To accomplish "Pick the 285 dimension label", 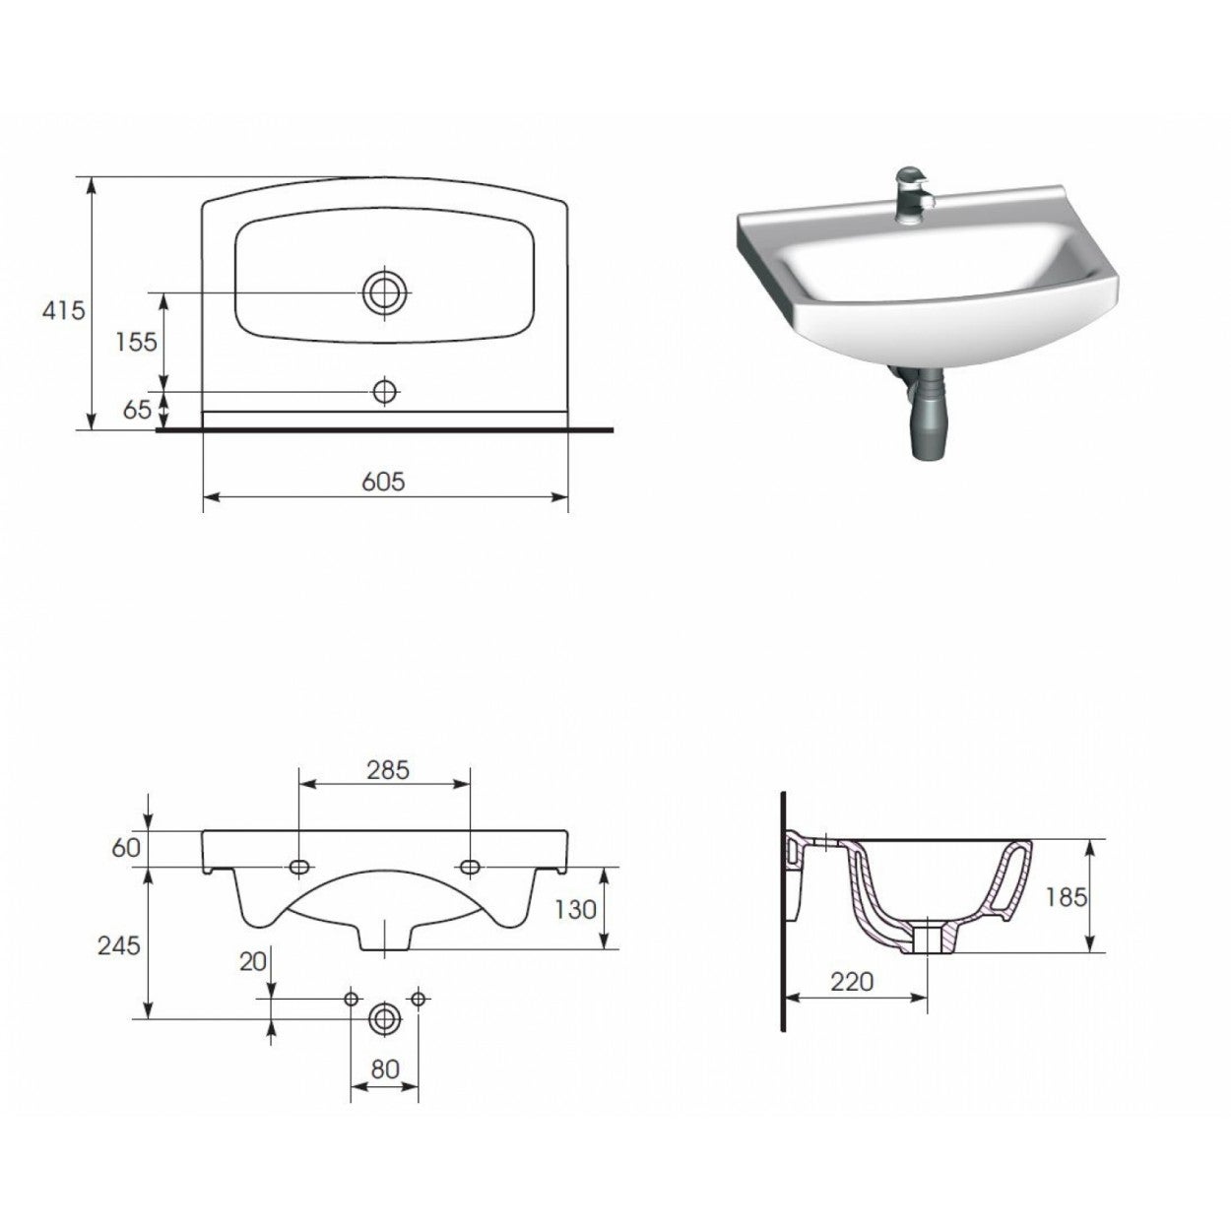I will click(x=387, y=769).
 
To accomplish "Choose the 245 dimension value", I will click(x=119, y=945).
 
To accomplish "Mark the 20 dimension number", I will click(x=253, y=962).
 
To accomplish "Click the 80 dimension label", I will click(x=385, y=1069).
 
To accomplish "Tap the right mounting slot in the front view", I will click(x=471, y=867).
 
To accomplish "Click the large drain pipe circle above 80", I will click(x=385, y=1019).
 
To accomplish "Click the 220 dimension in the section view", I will click(x=852, y=982).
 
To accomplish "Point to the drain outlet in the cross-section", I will click(x=929, y=939).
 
